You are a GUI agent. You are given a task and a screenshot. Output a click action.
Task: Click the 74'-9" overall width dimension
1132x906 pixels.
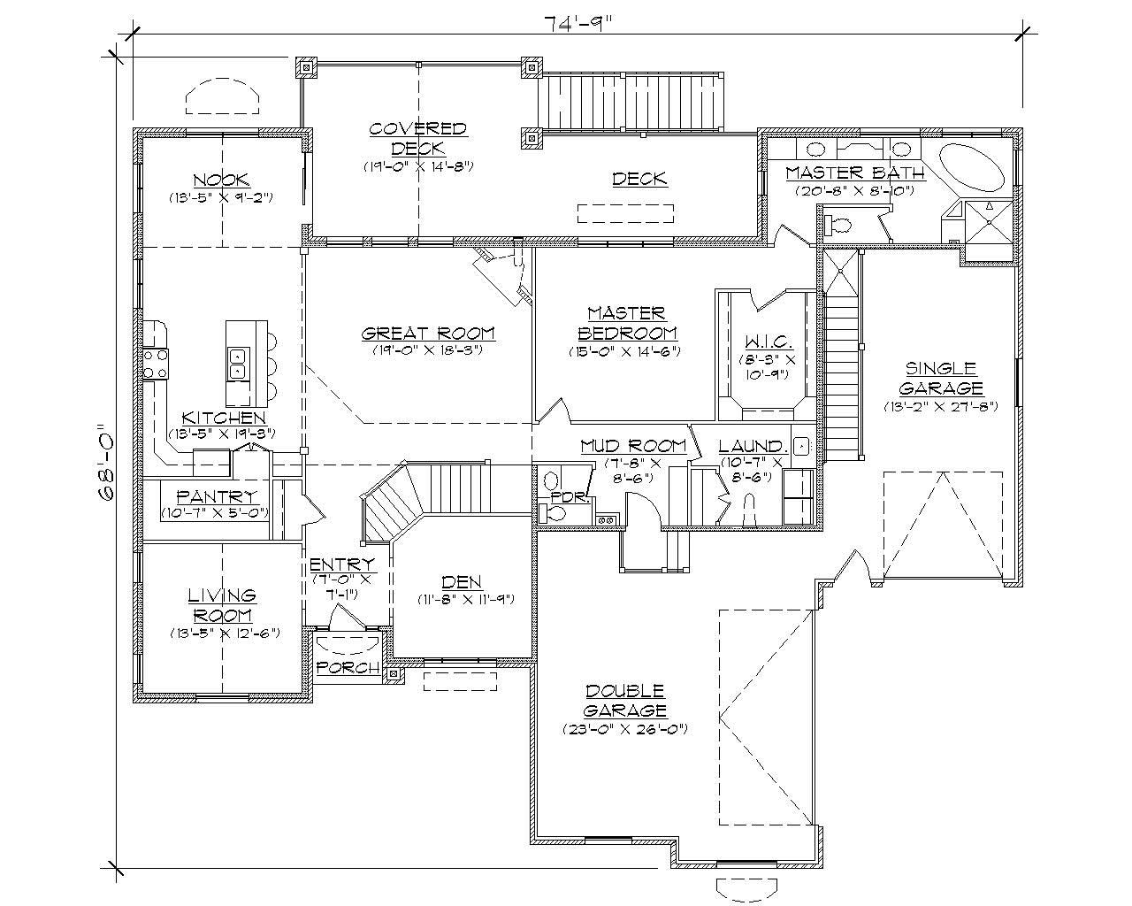coord(576,24)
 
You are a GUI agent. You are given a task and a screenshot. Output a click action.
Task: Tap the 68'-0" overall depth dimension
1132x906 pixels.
coord(107,462)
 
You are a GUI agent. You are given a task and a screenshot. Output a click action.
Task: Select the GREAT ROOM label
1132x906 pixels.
coord(428,334)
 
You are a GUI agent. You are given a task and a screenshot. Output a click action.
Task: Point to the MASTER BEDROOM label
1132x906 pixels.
coord(627,323)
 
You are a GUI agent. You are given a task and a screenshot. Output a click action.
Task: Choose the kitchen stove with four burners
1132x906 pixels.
coord(156,363)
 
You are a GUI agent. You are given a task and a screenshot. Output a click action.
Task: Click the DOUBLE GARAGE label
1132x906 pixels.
coord(624,700)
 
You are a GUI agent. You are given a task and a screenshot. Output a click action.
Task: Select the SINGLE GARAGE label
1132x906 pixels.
coord(940,379)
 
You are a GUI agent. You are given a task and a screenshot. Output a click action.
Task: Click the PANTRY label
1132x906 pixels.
coord(217,497)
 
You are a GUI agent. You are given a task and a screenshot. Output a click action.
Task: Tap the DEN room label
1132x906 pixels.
coord(462,582)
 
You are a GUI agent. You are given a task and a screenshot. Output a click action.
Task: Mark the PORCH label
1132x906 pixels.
coord(348,667)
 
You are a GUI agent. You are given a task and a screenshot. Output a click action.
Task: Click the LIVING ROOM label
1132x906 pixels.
coord(222,605)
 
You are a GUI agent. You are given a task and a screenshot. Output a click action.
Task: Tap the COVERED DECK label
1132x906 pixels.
coord(418,139)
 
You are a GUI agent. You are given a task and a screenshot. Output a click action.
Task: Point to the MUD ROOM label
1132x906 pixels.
coord(633,446)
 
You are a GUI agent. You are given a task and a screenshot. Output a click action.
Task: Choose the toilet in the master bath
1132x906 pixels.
coord(838,226)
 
